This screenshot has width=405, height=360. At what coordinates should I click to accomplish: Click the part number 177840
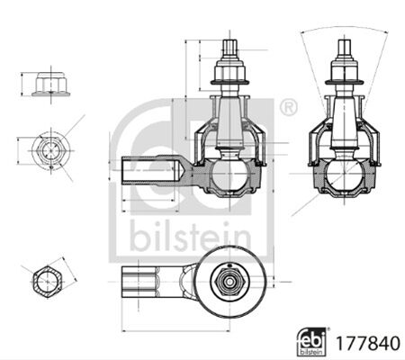coord(368,344)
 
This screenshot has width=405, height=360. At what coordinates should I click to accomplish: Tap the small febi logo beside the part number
coord(311,342)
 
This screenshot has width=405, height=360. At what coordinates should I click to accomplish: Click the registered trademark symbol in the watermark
coord(289,107)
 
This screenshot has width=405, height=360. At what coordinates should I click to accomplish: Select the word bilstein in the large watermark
coord(190,237)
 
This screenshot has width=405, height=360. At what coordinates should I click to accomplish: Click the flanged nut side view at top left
coord(50,84)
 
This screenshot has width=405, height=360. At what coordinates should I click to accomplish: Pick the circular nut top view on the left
coord(51,150)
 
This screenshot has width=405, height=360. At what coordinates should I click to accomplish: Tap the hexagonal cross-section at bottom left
coord(48,281)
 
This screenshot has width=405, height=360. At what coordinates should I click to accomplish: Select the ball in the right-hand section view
coord(344,175)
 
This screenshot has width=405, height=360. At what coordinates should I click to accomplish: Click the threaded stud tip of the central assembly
coord(230,48)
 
